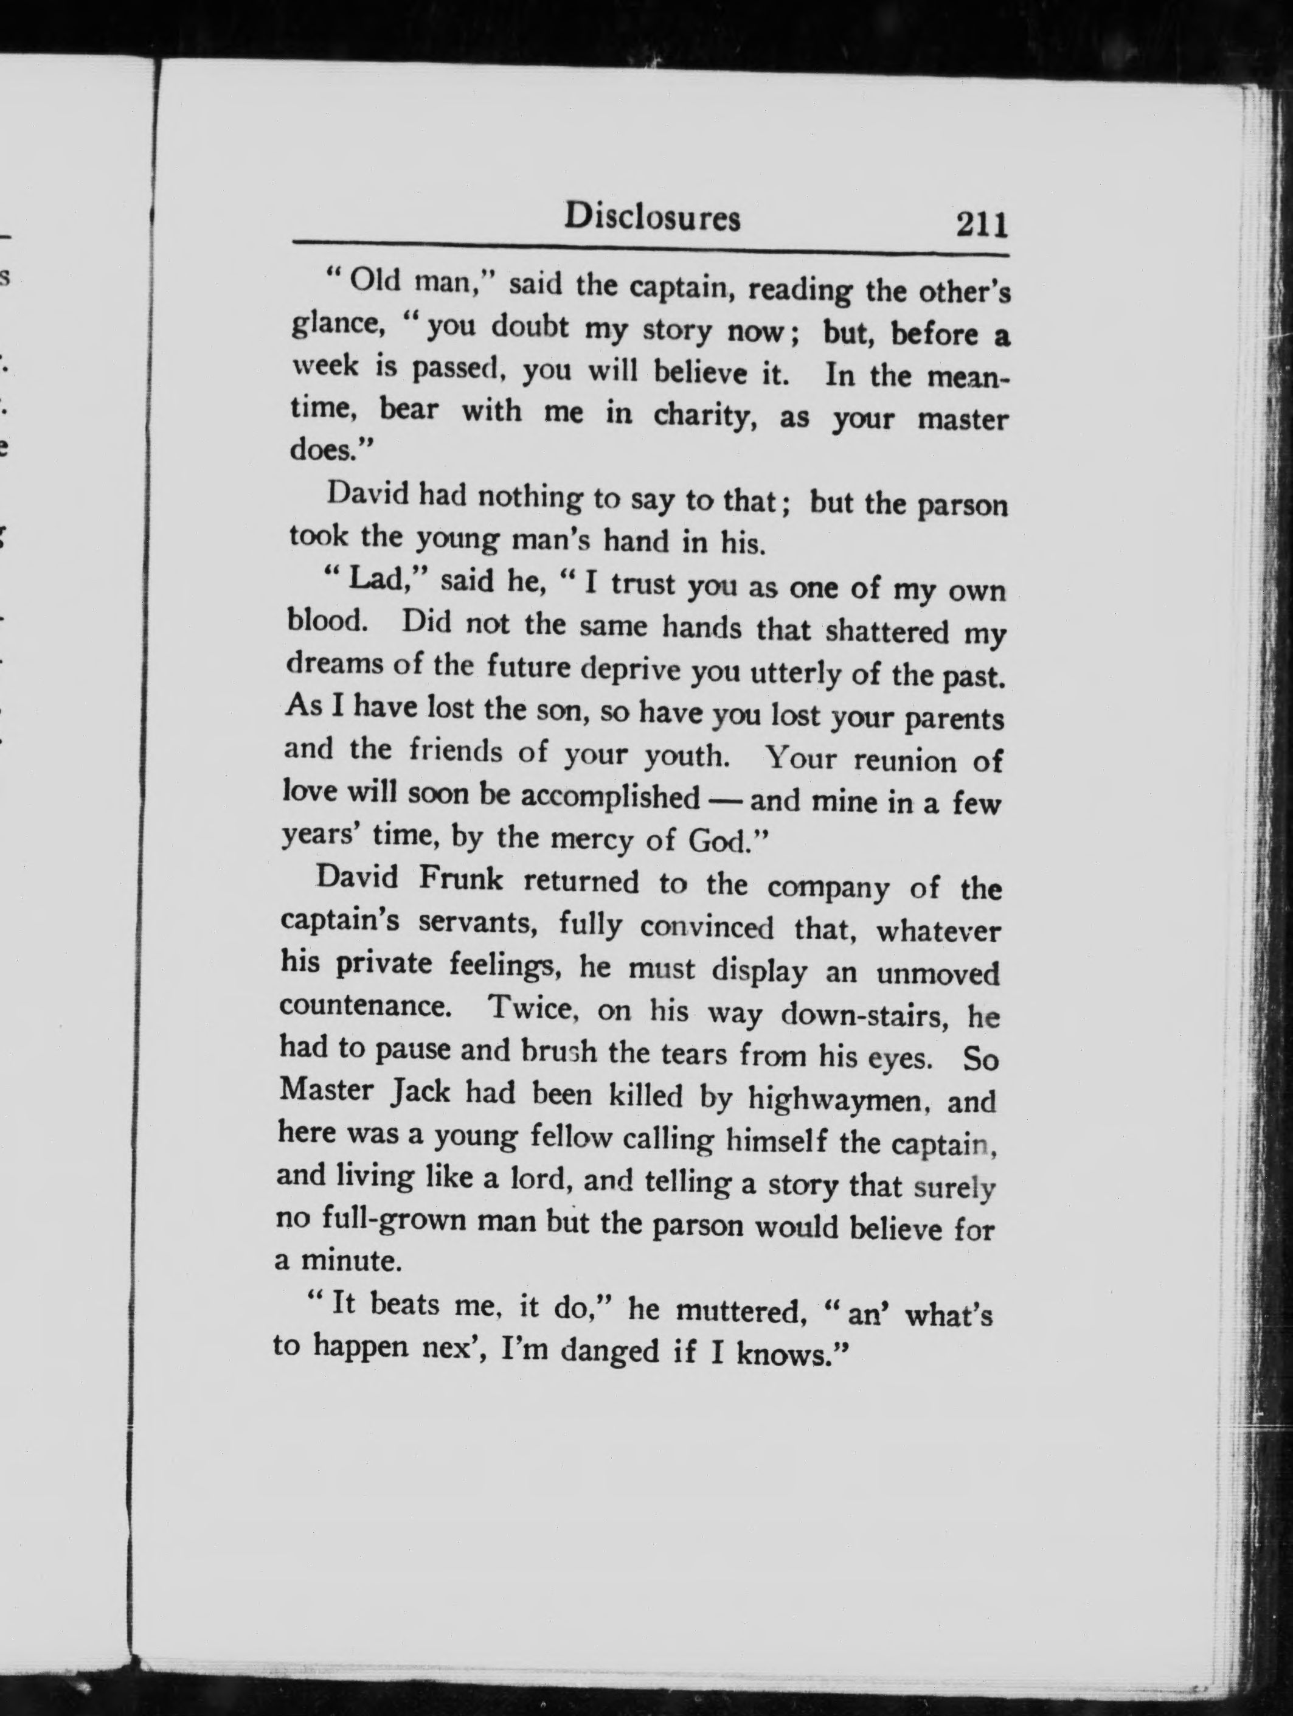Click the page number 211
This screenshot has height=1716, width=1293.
[981, 225]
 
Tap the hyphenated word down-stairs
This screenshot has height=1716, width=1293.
[867, 1014]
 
